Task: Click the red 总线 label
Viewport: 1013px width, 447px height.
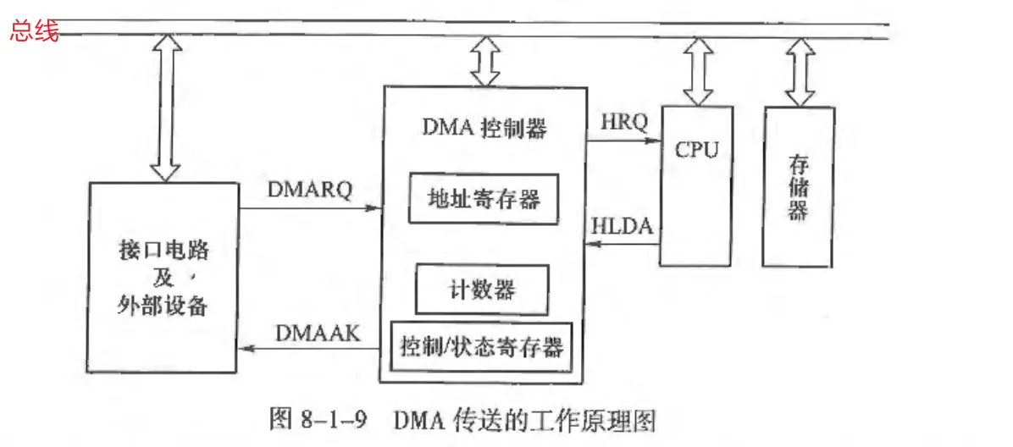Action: click(34, 33)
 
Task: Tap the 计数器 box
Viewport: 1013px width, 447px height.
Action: click(481, 290)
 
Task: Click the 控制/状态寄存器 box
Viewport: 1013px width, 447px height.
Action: click(481, 346)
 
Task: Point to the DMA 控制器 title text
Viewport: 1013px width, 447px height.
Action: click(484, 128)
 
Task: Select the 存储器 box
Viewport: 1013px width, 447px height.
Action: click(797, 186)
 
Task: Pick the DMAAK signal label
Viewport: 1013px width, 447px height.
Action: click(318, 334)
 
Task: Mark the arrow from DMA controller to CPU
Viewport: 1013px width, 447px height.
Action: click(624, 141)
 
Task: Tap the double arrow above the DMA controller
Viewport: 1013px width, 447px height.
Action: click(485, 62)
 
